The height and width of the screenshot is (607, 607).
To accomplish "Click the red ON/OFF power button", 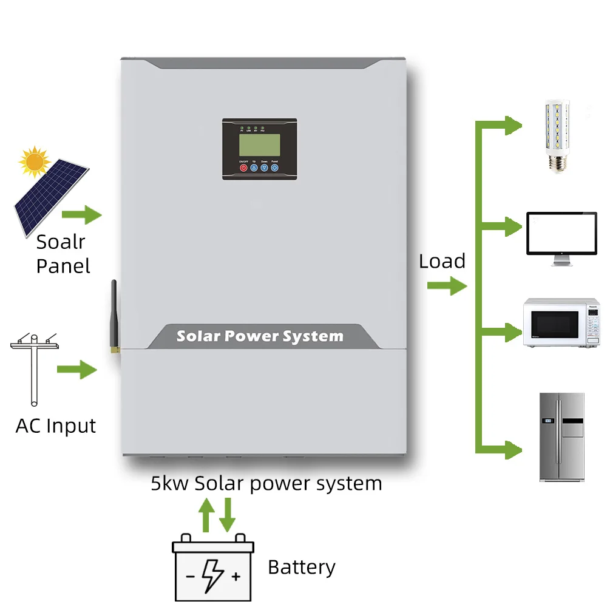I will pyautogui.click(x=243, y=168).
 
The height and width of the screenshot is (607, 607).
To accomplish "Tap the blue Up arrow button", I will pyautogui.click(x=254, y=168).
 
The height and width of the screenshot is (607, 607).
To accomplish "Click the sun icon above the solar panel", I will pyautogui.click(x=34, y=161).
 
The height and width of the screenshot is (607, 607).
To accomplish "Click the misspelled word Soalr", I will pyautogui.click(x=60, y=242).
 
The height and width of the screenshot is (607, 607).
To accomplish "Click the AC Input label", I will pyautogui.click(x=56, y=426).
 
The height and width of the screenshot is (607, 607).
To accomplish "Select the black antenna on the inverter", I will pyautogui.click(x=114, y=316).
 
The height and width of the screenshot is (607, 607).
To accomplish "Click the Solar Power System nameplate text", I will pyautogui.click(x=260, y=336).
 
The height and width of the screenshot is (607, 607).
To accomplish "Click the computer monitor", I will pyautogui.click(x=561, y=237).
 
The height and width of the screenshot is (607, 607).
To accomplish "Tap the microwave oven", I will pyautogui.click(x=561, y=322).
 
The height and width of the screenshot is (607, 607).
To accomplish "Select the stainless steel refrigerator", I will pyautogui.click(x=561, y=436).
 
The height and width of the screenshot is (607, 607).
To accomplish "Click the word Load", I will pyautogui.click(x=442, y=262).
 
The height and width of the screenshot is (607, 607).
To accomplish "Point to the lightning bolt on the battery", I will pyautogui.click(x=213, y=574).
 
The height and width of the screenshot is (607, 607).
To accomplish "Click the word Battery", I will pyautogui.click(x=301, y=568).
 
